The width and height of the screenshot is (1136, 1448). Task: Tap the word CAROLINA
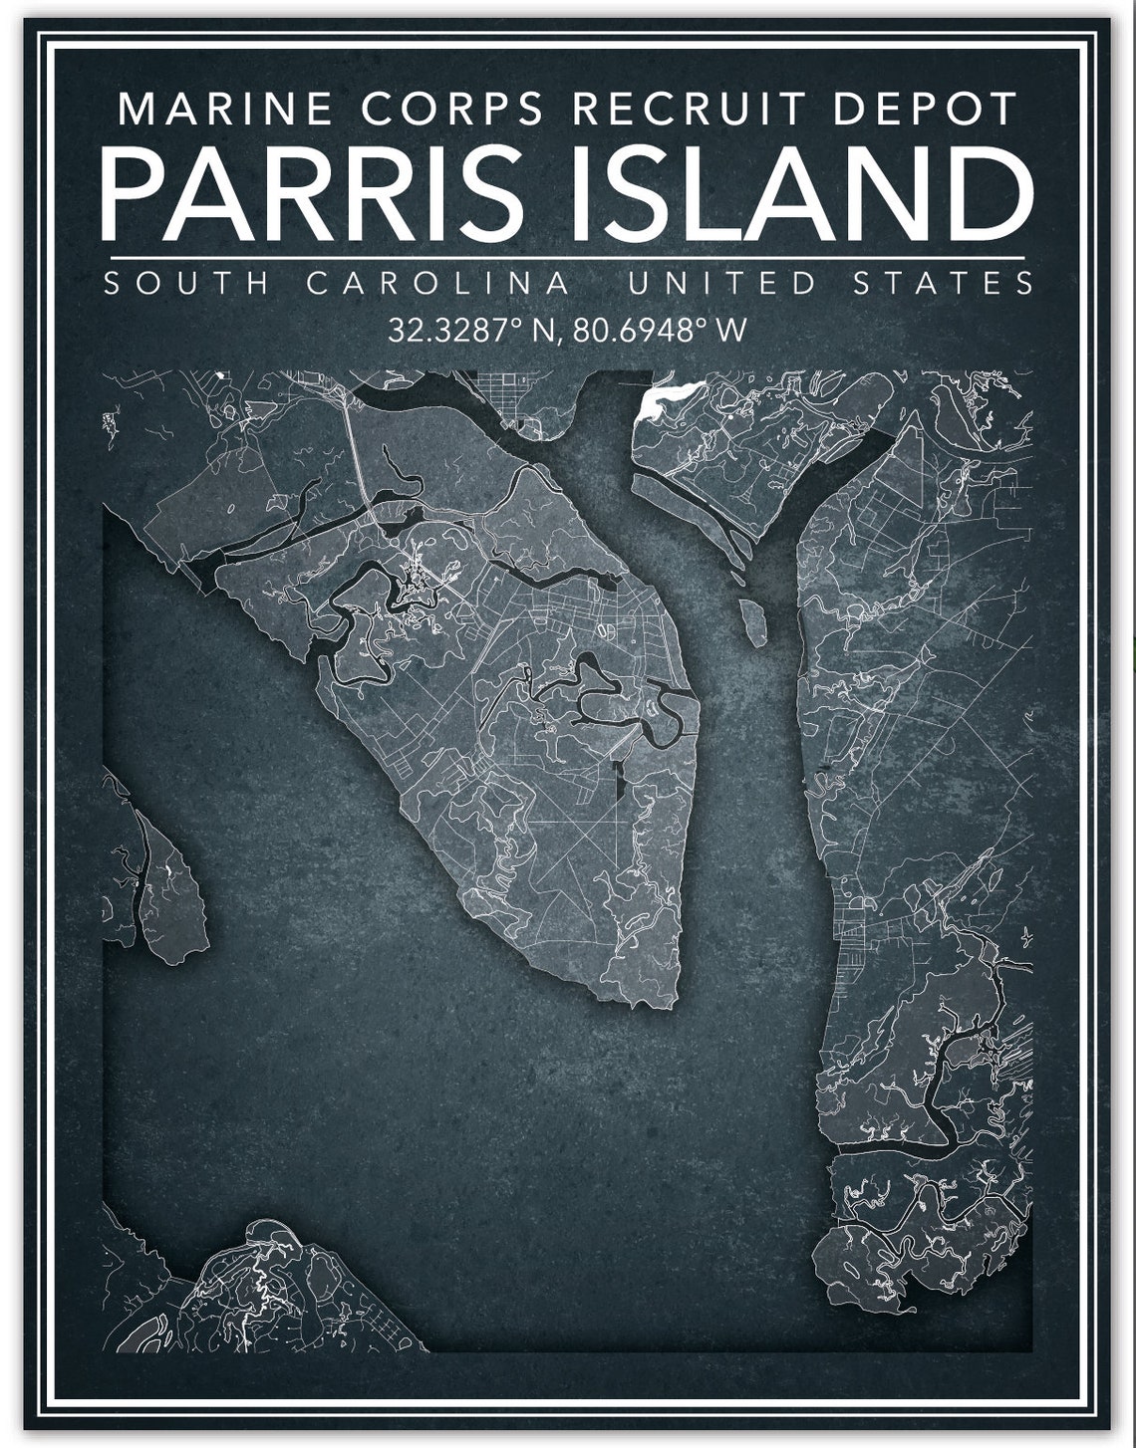point(438,283)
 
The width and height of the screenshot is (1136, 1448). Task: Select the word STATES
point(944,283)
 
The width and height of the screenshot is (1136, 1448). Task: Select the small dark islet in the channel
point(753,620)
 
